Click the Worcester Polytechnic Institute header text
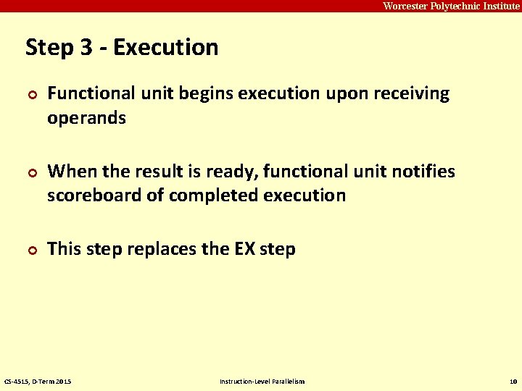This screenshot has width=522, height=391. [451, 6]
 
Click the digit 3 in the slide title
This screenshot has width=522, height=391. [86, 48]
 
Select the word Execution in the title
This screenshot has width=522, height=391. [166, 48]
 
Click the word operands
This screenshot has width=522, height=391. [86, 118]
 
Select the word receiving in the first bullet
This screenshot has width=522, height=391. [413, 94]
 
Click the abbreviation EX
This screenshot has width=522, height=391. [244, 249]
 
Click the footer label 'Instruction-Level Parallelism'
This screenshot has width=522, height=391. [262, 381]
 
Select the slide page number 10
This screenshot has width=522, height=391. [513, 381]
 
